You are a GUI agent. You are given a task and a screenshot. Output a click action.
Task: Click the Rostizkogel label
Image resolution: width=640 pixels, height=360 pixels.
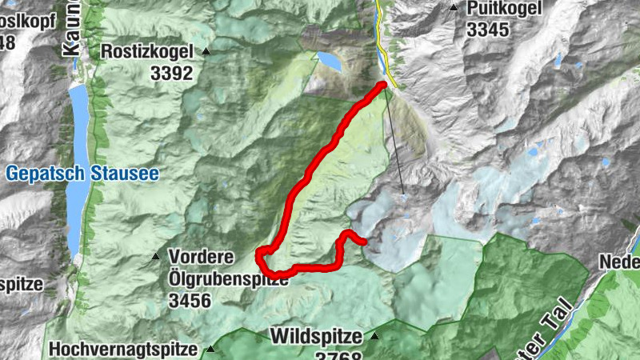click(x=147, y=51)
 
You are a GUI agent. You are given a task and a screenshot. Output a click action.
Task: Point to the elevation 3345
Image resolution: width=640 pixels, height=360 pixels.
click(x=488, y=30)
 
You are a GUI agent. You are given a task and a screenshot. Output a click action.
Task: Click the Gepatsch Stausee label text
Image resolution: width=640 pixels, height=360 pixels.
click(x=83, y=173)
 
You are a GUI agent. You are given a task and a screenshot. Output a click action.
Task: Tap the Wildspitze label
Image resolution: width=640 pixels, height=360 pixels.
click(x=317, y=336)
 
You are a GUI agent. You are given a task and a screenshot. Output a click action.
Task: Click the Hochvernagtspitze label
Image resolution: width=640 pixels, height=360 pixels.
click(x=122, y=349)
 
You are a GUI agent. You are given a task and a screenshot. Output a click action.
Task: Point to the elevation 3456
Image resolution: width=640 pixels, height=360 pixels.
click(x=189, y=300)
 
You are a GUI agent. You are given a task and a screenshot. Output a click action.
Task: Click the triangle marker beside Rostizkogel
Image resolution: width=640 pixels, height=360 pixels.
click(x=206, y=52)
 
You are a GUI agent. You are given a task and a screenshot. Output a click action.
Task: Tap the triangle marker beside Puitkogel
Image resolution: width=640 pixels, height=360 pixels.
click(x=454, y=9)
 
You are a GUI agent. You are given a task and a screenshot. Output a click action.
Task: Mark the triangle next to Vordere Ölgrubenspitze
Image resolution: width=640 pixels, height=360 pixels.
click(x=156, y=257)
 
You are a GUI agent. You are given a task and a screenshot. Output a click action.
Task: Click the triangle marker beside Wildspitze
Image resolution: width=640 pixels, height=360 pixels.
click(x=373, y=336)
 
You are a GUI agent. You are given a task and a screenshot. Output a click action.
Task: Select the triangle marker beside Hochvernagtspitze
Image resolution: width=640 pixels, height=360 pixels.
click(x=210, y=349)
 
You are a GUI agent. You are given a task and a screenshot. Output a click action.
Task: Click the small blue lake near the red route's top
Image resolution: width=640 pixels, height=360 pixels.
click(x=328, y=60)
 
